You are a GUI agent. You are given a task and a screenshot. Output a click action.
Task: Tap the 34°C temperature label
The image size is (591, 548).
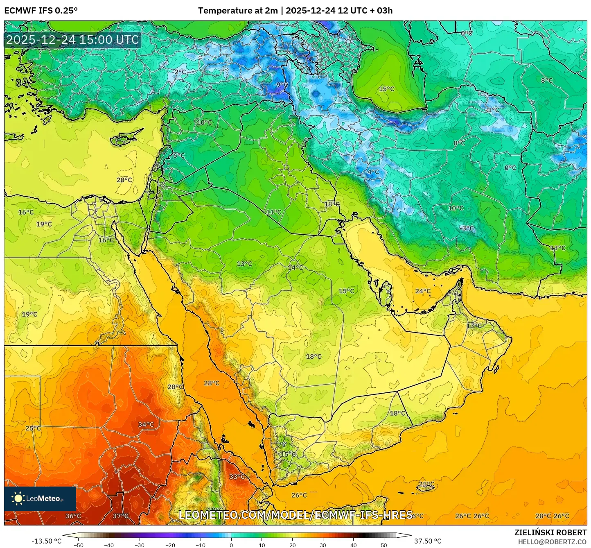pyautogui.click(x=146, y=424)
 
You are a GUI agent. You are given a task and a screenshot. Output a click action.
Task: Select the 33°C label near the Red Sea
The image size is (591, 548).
pyautogui.click(x=237, y=476)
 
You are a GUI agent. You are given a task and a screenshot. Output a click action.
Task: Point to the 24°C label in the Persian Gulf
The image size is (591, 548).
pyautogui.click(x=423, y=291)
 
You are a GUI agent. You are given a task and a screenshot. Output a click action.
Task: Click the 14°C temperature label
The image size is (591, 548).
pyautogui.click(x=295, y=267)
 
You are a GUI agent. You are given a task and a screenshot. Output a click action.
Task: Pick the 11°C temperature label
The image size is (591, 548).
pyautogui.click(x=273, y=212)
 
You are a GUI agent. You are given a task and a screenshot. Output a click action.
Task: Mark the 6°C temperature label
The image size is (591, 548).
pyautogui.click(x=178, y=156)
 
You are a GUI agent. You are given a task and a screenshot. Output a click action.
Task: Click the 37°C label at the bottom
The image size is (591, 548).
pyautogui.click(x=120, y=516)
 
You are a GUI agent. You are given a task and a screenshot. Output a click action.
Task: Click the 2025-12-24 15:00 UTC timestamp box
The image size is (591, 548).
pyautogui.click(x=72, y=40)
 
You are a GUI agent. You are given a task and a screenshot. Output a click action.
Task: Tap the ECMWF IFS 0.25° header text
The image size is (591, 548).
pyautogui.click(x=41, y=11)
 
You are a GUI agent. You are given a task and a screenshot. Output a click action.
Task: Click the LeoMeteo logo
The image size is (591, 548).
pyautogui.click(x=40, y=498)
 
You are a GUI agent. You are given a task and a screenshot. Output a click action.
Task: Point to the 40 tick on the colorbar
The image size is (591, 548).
pyautogui.click(x=353, y=545)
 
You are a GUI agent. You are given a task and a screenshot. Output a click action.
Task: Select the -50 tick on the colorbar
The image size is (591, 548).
pyautogui.click(x=78, y=545)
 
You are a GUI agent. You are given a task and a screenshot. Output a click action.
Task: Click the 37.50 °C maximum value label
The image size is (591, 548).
pyautogui.click(x=428, y=541)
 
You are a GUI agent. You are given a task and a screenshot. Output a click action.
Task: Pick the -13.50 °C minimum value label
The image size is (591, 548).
pyautogui.click(x=46, y=541)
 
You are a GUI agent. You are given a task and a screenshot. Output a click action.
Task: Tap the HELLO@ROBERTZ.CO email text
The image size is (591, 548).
pyautogui.click(x=552, y=542)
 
